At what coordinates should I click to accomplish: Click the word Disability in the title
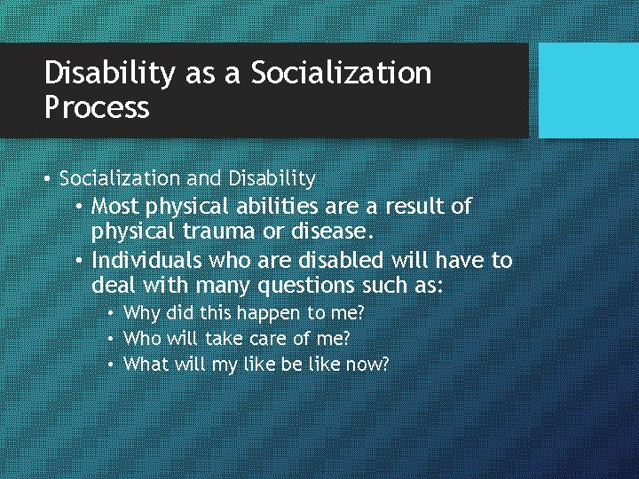coord(109,74)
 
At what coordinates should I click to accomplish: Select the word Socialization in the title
coord(342,74)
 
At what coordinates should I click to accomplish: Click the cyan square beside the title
coord(588,90)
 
